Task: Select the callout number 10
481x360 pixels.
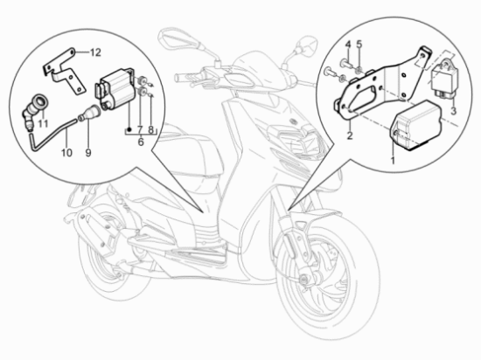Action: [x=62, y=154]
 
